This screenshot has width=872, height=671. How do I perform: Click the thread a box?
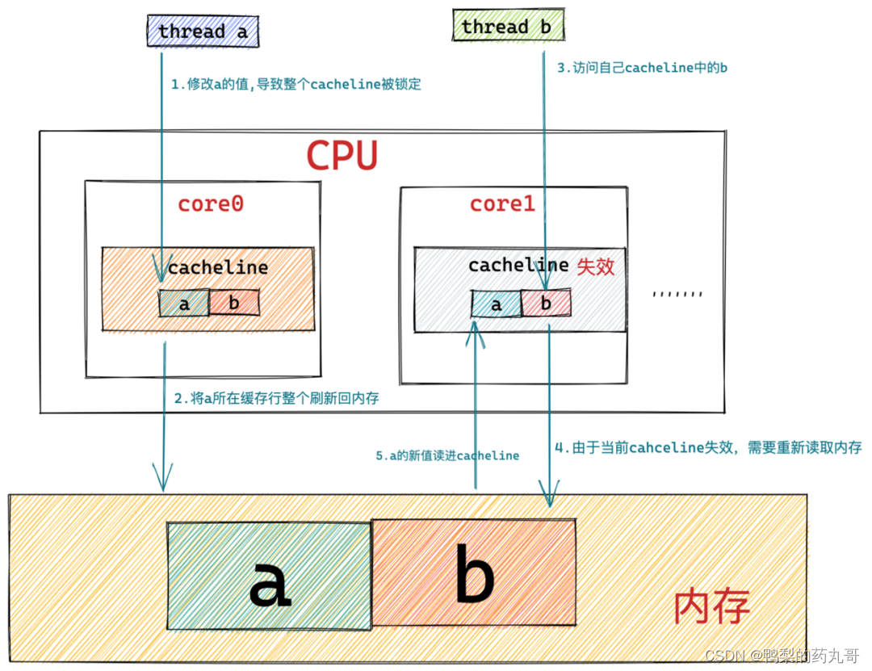tap(203, 31)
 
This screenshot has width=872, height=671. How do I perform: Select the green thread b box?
tap(506, 27)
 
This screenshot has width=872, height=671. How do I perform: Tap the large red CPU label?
tap(342, 156)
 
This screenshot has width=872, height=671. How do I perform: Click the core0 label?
tap(211, 203)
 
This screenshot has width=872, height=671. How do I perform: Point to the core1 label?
tap(502, 203)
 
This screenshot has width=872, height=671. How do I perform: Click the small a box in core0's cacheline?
tap(184, 304)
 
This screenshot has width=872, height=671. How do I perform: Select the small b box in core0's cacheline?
tap(234, 304)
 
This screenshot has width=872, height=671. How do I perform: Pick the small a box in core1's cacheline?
tap(496, 304)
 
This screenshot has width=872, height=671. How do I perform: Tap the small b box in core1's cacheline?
tap(546, 304)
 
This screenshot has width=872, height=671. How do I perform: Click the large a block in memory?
tap(269, 575)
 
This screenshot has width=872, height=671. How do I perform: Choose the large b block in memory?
tap(473, 572)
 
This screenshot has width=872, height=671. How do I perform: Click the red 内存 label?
tap(711, 607)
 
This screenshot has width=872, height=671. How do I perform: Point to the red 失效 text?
tap(596, 266)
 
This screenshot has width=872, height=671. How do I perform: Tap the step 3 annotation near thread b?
tap(642, 68)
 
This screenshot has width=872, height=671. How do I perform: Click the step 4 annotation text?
tap(708, 447)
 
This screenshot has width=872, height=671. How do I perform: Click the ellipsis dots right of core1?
tap(677, 293)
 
